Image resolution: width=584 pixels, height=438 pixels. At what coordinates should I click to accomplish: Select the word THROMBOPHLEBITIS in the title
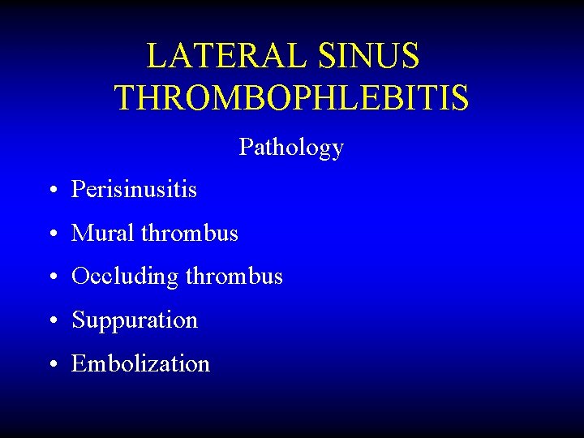click(x=291, y=97)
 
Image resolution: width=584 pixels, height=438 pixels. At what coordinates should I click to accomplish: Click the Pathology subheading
click(x=291, y=148)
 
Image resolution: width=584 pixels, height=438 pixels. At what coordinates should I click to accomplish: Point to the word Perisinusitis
click(x=134, y=190)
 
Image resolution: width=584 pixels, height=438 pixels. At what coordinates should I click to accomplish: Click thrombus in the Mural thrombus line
click(x=189, y=234)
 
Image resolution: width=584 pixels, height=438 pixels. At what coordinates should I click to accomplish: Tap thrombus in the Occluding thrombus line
click(x=234, y=277)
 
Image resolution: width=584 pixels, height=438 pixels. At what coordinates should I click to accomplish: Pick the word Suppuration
click(x=135, y=320)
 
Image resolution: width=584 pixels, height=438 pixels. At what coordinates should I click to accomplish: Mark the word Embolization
click(x=140, y=363)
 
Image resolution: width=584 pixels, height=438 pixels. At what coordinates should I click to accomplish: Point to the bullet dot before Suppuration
click(x=51, y=321)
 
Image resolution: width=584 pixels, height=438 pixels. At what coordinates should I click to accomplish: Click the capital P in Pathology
click(x=245, y=148)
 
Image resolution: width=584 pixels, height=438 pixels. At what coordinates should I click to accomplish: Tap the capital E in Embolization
click(x=79, y=363)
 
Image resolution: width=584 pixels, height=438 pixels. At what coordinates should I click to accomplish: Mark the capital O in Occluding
click(x=80, y=277)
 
